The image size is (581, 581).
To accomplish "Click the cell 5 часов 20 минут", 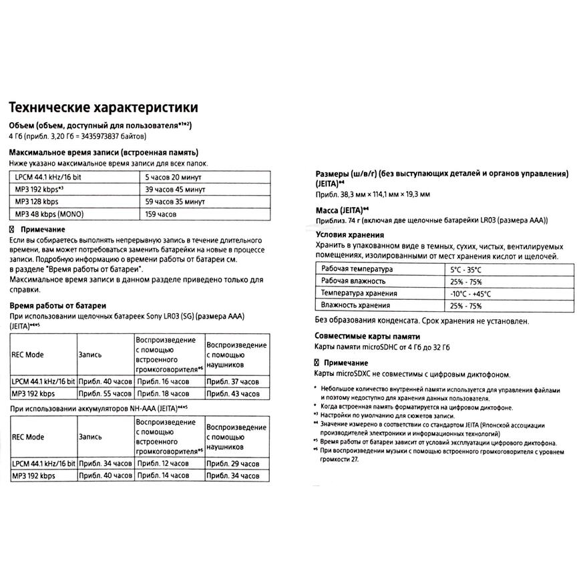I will [173, 178].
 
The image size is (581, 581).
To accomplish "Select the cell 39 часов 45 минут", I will [175, 190].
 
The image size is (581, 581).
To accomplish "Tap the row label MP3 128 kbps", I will [37, 202].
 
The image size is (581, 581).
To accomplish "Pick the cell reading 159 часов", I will [161, 214].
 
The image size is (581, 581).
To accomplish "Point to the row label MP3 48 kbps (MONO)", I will [50, 214].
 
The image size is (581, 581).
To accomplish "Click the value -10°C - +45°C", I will [470, 293].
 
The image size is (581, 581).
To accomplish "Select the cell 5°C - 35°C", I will [465, 269].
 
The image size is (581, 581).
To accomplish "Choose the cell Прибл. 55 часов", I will [105, 393].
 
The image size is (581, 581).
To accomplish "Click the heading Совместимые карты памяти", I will [367, 336].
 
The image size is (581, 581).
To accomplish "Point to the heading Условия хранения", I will [349, 234].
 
